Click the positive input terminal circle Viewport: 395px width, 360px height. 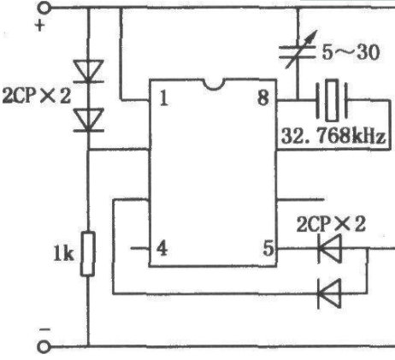click(x=44, y=8)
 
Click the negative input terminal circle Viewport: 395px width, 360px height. click(x=44, y=347)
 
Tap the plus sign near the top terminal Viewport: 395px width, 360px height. click(x=40, y=26)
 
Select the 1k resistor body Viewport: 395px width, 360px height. click(x=88, y=254)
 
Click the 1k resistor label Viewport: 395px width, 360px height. click(x=64, y=254)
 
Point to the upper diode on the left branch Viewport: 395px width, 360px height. click(x=88, y=71)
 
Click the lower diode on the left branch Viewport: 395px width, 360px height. click(x=88, y=120)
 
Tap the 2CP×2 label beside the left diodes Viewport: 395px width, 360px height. click(x=37, y=96)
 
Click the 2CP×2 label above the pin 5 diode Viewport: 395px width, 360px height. click(x=331, y=224)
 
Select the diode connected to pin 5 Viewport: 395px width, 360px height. click(x=329, y=249)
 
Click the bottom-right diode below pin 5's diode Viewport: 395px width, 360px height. click(x=329, y=293)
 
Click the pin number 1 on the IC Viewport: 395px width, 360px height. click(x=163, y=98)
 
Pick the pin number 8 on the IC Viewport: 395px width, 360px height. click(x=262, y=98)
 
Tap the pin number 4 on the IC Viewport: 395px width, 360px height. click(x=162, y=249)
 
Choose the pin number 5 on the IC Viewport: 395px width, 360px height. click(x=268, y=248)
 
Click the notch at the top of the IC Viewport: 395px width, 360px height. click(x=215, y=85)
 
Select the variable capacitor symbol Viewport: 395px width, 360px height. click(x=298, y=50)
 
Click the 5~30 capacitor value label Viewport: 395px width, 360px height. click(x=351, y=52)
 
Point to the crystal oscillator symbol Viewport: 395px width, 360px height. click(x=332, y=100)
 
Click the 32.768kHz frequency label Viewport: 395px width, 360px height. click(x=333, y=136)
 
